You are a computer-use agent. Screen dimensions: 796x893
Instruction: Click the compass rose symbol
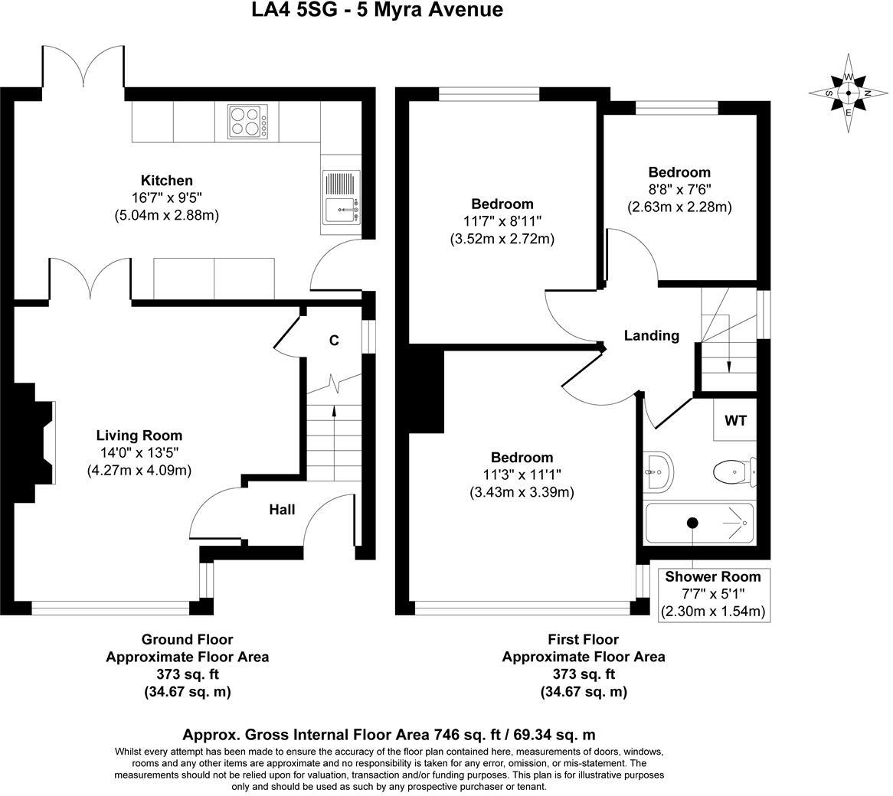pos(848,93)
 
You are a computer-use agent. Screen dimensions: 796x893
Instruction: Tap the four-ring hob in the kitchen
pos(247,121)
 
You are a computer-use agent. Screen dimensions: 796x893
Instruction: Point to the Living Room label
pos(139,436)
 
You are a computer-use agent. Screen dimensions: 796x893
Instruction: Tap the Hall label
pos(281,510)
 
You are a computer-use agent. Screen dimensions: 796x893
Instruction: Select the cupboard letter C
pos(334,341)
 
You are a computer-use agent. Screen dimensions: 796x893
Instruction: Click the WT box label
pos(734,420)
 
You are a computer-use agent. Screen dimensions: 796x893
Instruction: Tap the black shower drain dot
pos(692,523)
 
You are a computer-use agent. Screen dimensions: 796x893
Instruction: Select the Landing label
pos(651,335)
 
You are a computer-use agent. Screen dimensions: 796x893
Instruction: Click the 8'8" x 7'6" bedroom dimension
pos(679,190)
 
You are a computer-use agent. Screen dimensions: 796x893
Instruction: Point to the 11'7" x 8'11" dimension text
pos(502,221)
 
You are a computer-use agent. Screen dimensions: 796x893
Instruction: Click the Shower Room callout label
pos(713,576)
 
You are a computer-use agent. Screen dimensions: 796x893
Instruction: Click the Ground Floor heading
pos(187,639)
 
